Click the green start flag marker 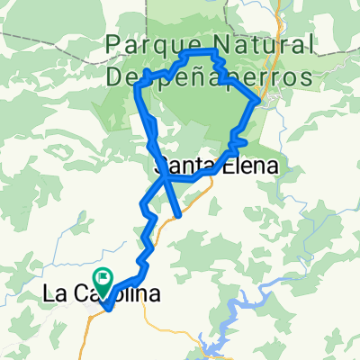(x=102, y=280)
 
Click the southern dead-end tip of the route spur (x=180, y=216)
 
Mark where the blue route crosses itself (x=165, y=177)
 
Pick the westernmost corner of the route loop (x=136, y=87)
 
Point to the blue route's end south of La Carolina (x=107, y=310)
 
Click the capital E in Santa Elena (x=226, y=166)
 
